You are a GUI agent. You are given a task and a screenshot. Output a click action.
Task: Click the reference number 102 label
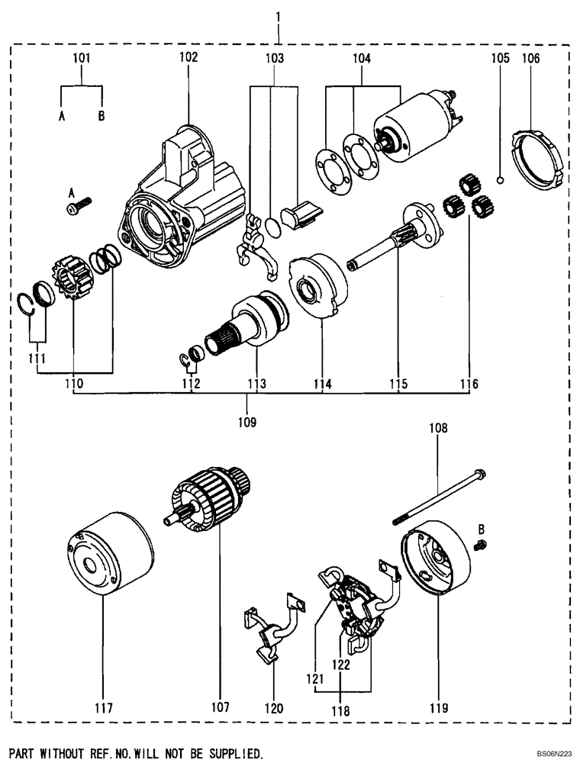(188, 57)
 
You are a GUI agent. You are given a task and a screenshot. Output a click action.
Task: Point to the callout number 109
(246, 421)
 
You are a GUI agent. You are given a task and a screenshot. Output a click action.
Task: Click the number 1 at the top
(280, 15)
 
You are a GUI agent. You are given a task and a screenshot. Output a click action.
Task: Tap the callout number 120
(272, 708)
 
